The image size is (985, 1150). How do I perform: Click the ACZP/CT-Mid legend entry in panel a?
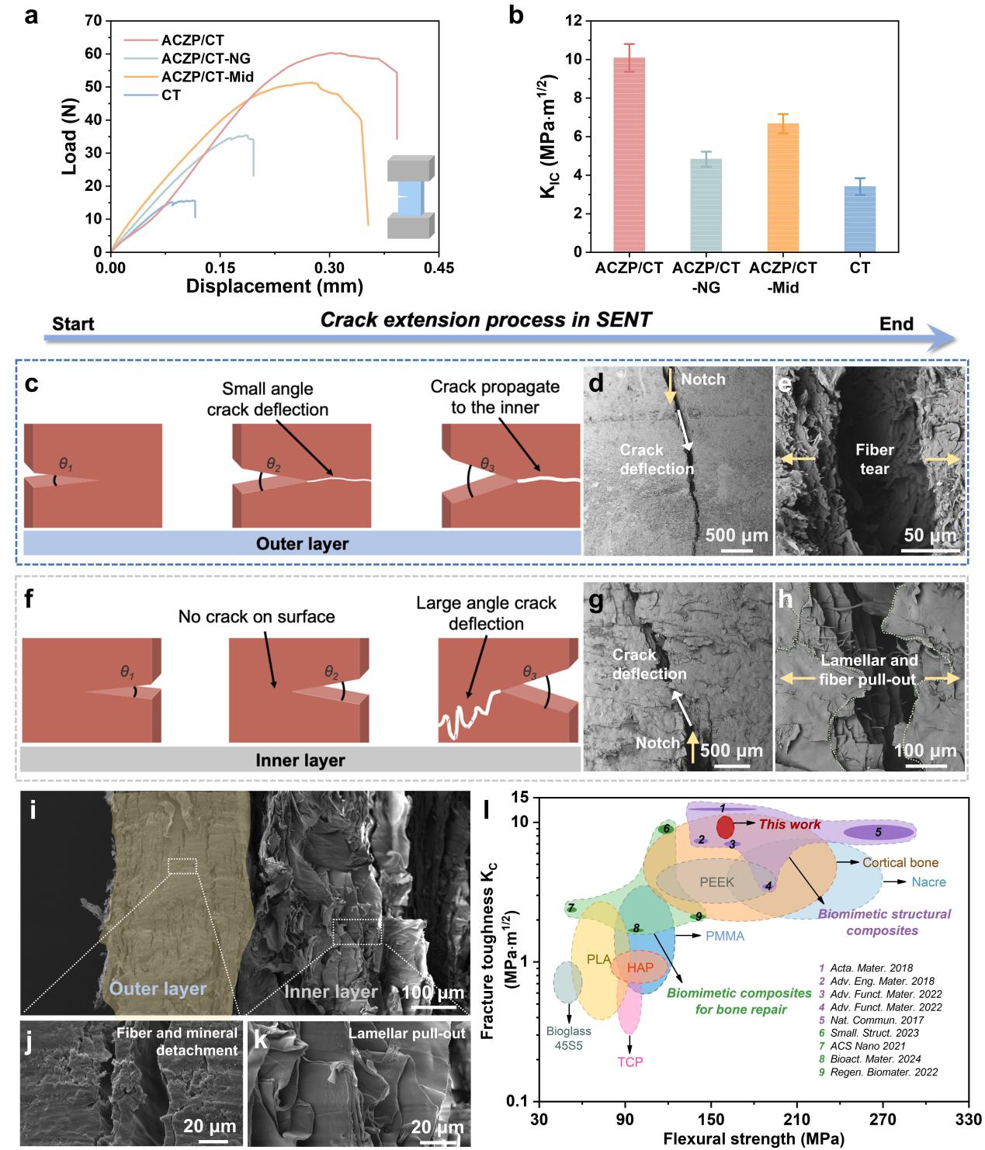click(206, 77)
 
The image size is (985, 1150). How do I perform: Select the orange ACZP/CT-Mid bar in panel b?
click(782, 187)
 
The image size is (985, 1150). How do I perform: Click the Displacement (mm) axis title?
click(275, 286)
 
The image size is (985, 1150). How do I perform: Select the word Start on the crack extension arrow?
click(73, 323)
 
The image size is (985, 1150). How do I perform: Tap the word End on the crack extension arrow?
click(897, 323)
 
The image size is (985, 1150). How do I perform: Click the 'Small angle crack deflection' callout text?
click(267, 399)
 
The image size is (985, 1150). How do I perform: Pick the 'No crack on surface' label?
click(257, 617)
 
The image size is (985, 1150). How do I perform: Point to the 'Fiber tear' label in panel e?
click(874, 459)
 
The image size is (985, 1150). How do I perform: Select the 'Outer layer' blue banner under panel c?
click(302, 543)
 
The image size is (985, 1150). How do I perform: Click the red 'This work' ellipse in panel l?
click(725, 827)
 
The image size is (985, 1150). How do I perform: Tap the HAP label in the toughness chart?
click(640, 968)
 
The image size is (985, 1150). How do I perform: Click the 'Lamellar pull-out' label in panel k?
click(407, 1034)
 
